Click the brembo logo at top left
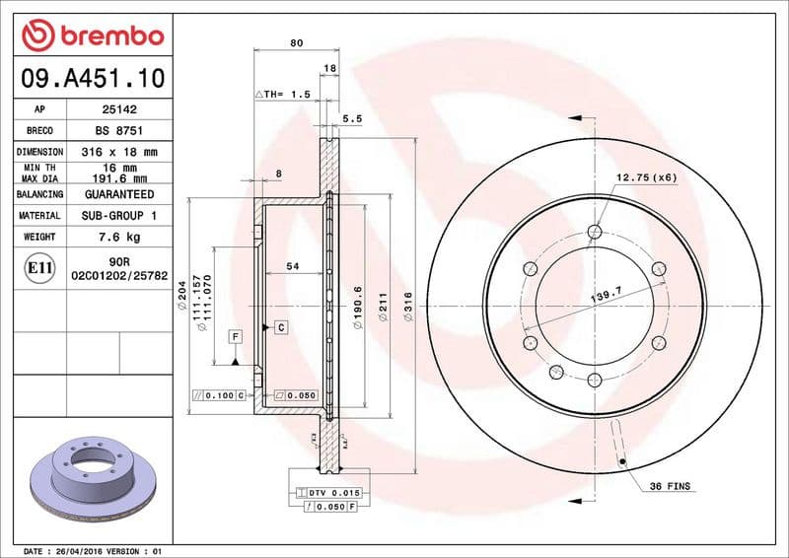coord(92,35)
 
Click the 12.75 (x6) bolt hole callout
coord(646,177)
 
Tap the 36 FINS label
coord(671,487)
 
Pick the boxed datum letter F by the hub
coord(235,336)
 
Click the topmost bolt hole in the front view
coord(594,233)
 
